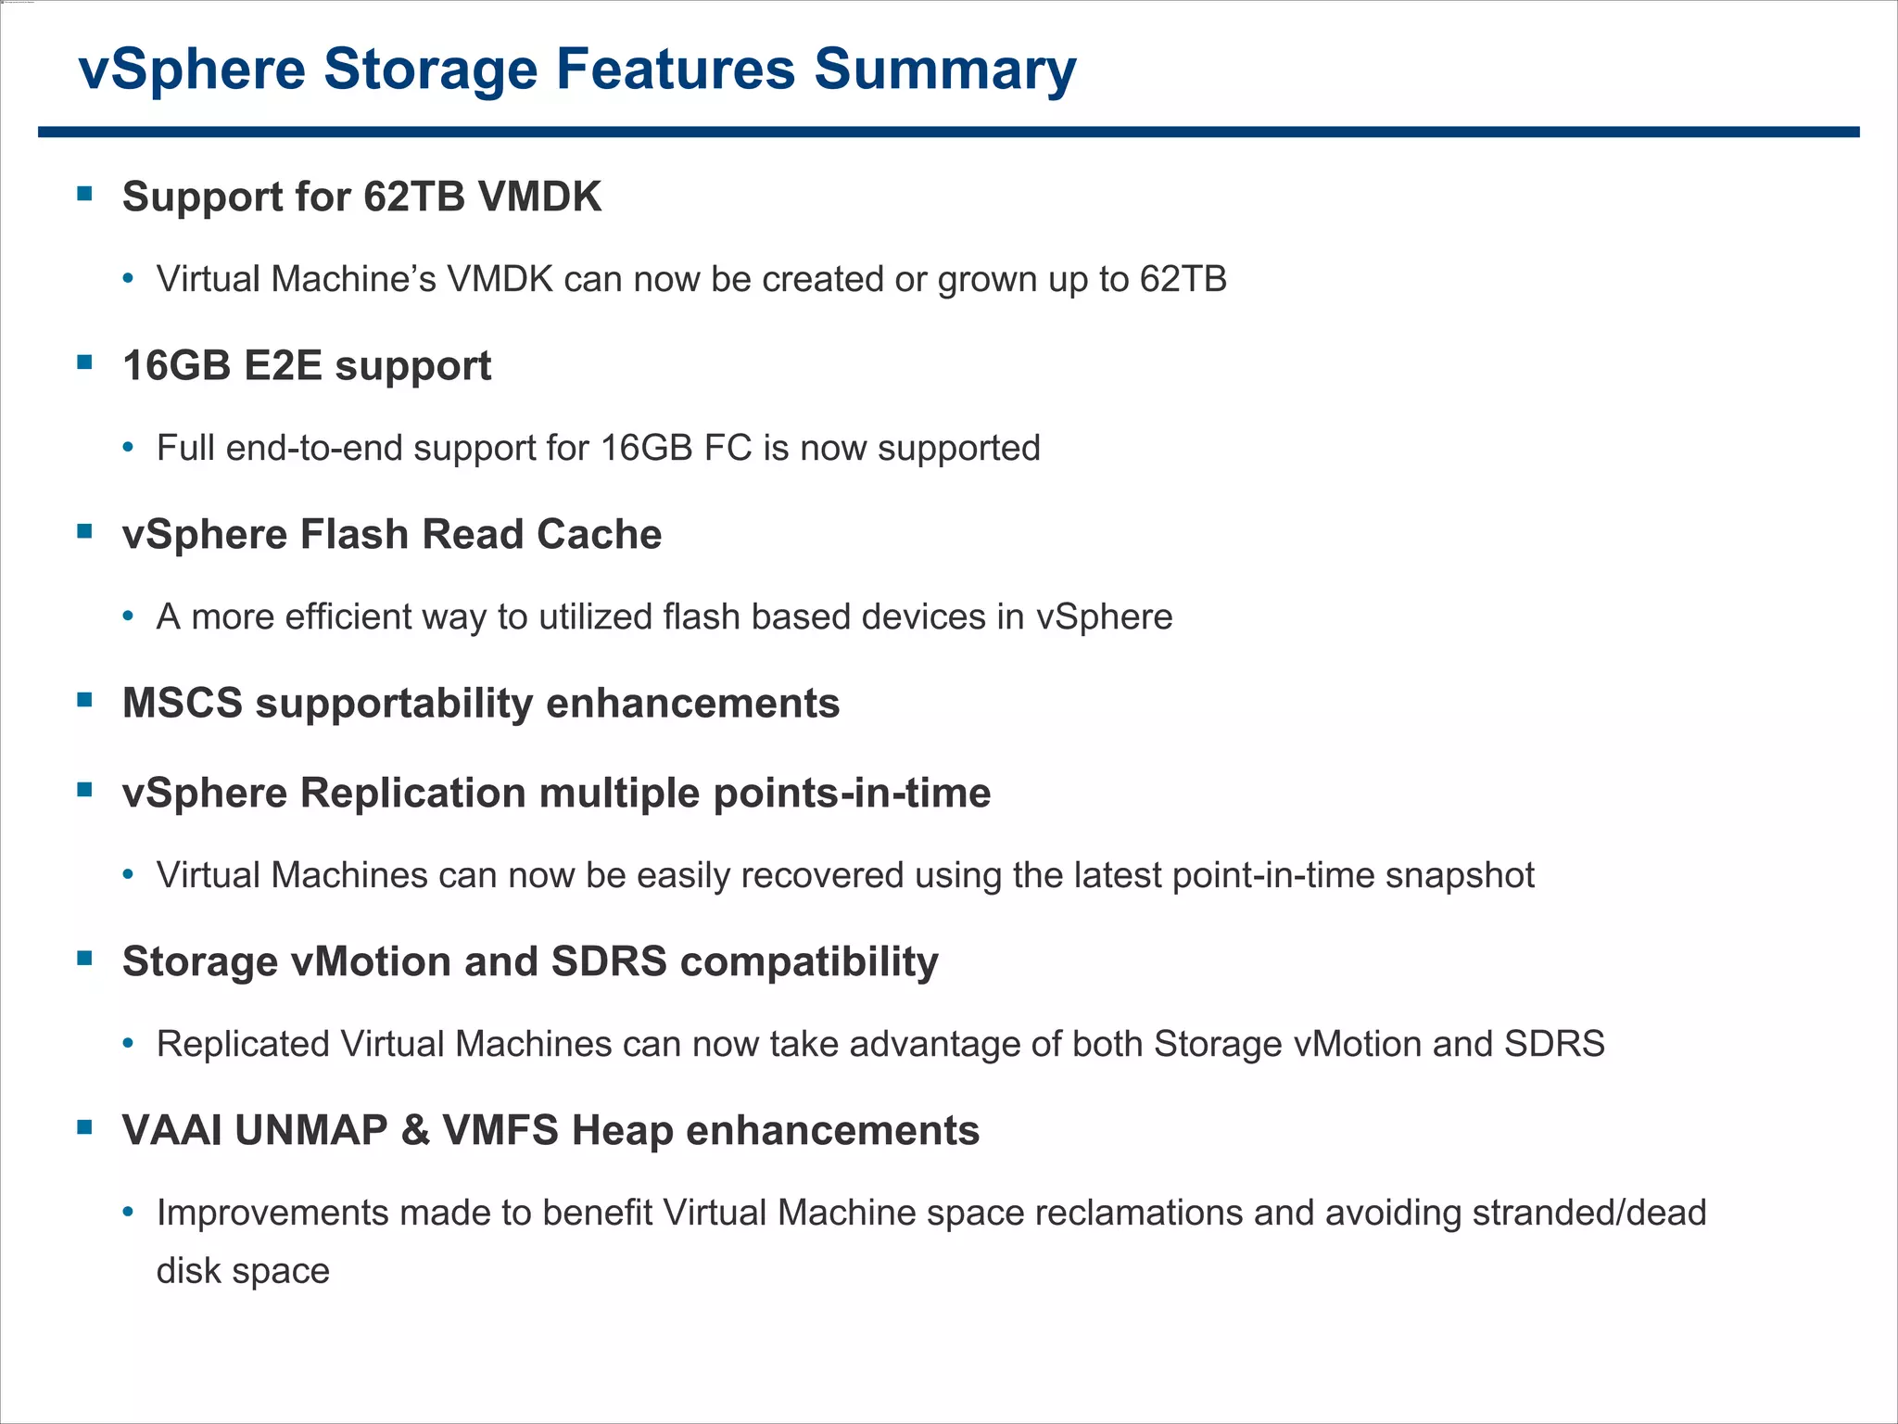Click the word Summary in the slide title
click(x=944, y=70)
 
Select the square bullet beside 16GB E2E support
click(x=85, y=362)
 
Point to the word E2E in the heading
click(x=283, y=365)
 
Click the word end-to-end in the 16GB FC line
click(x=315, y=448)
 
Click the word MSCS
click(x=183, y=703)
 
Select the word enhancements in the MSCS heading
click(x=692, y=703)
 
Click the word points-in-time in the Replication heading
click(x=852, y=793)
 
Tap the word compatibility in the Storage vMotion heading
click(x=809, y=961)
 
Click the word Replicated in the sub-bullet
click(x=244, y=1044)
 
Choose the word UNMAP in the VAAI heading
click(x=311, y=1130)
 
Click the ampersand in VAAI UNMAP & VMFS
click(x=416, y=1130)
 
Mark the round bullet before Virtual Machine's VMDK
click(x=129, y=279)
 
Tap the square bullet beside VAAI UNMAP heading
click(x=85, y=1127)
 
